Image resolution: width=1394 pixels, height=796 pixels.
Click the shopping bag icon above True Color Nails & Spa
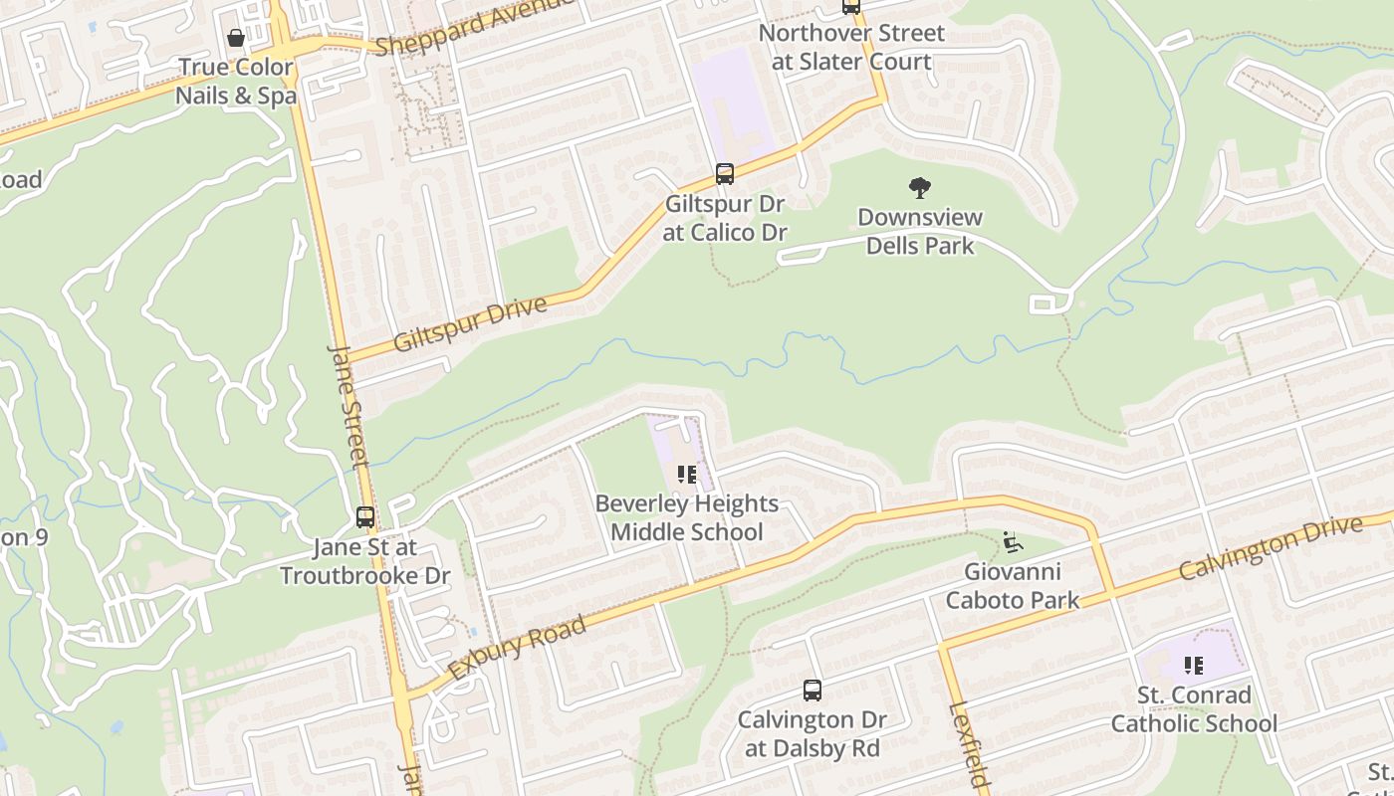[236, 39]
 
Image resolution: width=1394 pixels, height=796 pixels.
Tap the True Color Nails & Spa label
[236, 82]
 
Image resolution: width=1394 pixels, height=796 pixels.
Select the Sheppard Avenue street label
[473, 27]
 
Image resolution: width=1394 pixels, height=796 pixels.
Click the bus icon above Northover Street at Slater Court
[850, 6]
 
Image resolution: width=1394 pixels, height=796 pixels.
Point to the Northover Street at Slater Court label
[851, 47]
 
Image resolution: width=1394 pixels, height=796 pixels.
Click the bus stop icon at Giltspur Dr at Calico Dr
[725, 174]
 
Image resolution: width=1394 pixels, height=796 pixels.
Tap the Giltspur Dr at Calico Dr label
[725, 218]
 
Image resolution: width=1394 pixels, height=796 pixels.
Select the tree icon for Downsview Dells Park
[920, 187]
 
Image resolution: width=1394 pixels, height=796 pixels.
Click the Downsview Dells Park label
[920, 231]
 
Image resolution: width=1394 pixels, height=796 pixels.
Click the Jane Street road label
[348, 406]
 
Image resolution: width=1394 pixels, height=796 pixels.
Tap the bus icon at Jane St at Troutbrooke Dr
[365, 517]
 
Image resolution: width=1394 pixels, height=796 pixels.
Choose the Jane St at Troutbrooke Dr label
[364, 561]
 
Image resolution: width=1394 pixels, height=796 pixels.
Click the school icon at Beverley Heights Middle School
[687, 475]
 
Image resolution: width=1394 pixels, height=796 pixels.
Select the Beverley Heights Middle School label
[687, 517]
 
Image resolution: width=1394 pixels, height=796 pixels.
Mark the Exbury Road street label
[516, 649]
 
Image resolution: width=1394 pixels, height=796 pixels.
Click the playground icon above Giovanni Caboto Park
[1013, 542]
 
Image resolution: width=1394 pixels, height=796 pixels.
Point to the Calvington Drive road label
[1270, 548]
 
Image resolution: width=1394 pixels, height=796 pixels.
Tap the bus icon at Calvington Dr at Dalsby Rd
[813, 690]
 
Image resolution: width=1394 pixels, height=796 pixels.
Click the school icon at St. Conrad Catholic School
[1194, 666]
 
